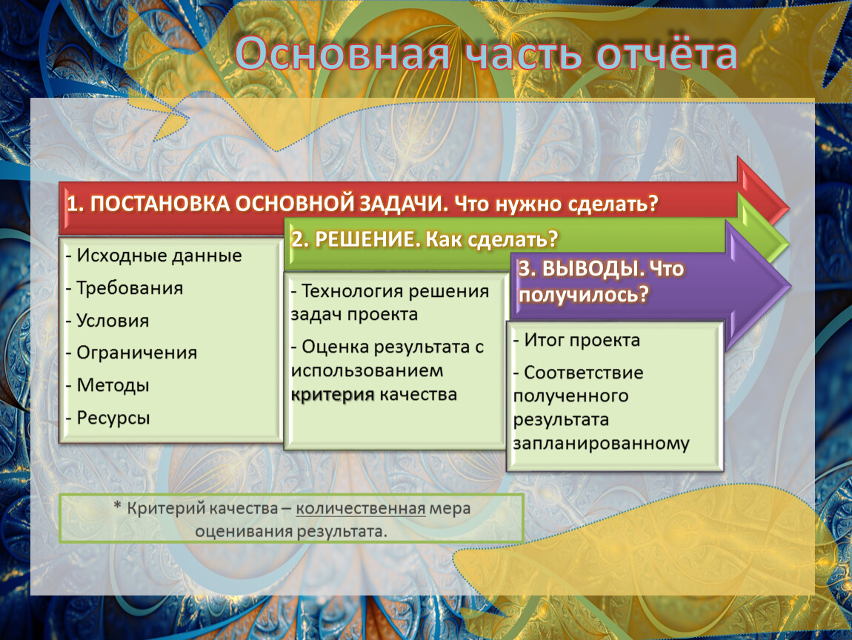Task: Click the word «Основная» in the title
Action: [x=342, y=53]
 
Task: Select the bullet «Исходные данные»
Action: [x=154, y=256]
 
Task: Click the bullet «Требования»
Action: [x=124, y=288]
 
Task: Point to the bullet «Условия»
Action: [x=107, y=321]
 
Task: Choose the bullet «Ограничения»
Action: [x=131, y=353]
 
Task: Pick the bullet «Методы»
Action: [x=107, y=385]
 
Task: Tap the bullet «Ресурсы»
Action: [x=107, y=418]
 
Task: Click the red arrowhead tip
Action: [x=788, y=207]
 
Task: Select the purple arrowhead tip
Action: [x=791, y=284]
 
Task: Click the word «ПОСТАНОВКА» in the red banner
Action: [x=160, y=204]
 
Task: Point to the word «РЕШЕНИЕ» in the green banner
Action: [x=367, y=239]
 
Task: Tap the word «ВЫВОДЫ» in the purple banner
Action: [x=593, y=268]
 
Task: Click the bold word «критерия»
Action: [x=333, y=394]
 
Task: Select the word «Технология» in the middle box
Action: [x=351, y=291]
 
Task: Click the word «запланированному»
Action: [x=601, y=443]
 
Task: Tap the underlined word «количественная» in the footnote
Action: [x=361, y=509]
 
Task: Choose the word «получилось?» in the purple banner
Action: [x=584, y=295]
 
